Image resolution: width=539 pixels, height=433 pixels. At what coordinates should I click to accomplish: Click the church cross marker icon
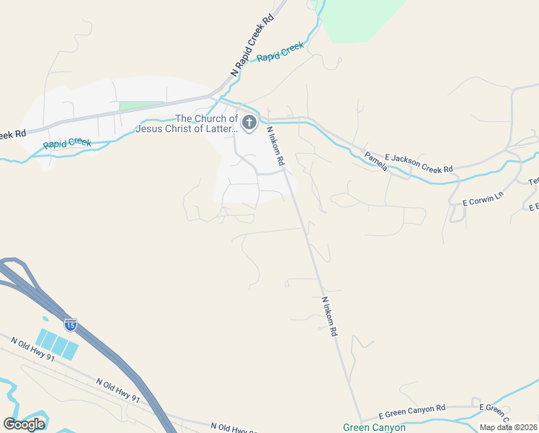tap(249, 123)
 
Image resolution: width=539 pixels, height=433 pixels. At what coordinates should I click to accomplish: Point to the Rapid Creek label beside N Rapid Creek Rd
tap(280, 53)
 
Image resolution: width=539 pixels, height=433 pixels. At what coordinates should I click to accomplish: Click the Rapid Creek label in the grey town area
tap(67, 143)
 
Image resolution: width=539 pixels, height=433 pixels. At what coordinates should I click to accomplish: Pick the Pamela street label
tap(375, 162)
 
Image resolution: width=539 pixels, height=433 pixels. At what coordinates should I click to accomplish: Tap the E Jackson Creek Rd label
tap(419, 163)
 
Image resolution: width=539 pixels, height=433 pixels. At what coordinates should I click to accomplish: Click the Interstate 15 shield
tap(70, 325)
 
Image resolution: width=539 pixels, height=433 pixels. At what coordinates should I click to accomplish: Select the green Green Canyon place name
tap(373, 427)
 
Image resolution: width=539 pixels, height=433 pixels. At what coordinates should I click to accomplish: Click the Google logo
tap(24, 424)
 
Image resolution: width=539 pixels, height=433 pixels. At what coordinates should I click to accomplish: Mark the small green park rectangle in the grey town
tap(141, 106)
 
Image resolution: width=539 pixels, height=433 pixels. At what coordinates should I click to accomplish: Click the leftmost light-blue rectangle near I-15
tap(45, 339)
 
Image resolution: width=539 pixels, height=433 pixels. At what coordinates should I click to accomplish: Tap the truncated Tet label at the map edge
tap(534, 182)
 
